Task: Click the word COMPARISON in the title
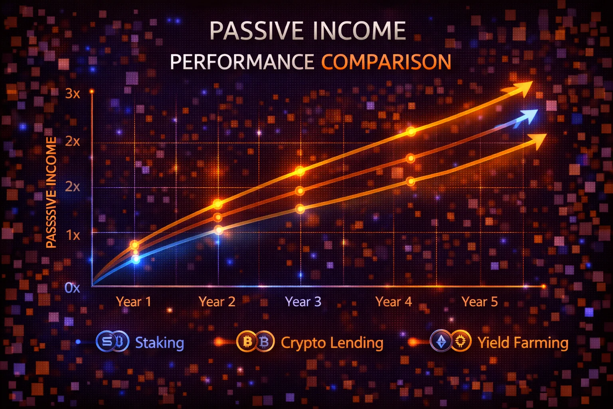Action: tap(386, 62)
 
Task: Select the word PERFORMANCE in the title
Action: tap(242, 62)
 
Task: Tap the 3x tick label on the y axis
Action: tap(73, 94)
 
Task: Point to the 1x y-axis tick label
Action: tap(73, 235)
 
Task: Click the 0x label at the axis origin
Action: tap(72, 288)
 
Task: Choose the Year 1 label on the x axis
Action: tap(134, 302)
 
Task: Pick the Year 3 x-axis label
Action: tap(303, 302)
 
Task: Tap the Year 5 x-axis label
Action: tap(480, 302)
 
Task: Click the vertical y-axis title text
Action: tap(51, 193)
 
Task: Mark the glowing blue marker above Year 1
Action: tap(136, 259)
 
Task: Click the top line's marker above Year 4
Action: tap(411, 131)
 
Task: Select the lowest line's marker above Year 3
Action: tap(300, 208)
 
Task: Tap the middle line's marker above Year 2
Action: tap(218, 217)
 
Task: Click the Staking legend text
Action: tap(160, 343)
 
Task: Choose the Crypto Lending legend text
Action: tap(332, 343)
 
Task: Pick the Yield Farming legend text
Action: tap(523, 343)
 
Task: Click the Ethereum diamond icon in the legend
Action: tap(441, 341)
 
